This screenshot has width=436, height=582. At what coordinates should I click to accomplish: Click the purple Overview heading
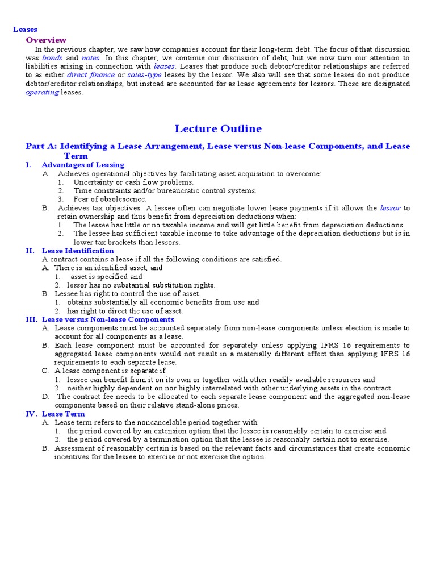click(x=46, y=40)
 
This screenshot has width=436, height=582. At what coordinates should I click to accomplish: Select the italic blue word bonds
click(x=53, y=58)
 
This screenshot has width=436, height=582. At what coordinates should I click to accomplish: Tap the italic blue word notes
click(x=91, y=58)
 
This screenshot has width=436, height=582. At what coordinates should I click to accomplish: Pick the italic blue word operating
click(x=42, y=93)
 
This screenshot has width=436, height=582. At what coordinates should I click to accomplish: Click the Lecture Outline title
click(x=218, y=128)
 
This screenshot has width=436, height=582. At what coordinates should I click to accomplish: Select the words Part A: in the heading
click(x=41, y=146)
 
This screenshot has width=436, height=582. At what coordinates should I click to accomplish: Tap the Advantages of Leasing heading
click(x=83, y=165)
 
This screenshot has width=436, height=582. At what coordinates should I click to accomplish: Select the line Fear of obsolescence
click(x=110, y=199)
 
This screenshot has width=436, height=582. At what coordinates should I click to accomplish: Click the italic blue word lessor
click(x=390, y=208)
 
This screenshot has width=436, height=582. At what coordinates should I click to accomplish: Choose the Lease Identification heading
click(x=78, y=251)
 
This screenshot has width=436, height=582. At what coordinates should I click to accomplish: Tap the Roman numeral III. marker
click(x=32, y=319)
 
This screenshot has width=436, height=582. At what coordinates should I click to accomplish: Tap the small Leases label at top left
click(x=26, y=29)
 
